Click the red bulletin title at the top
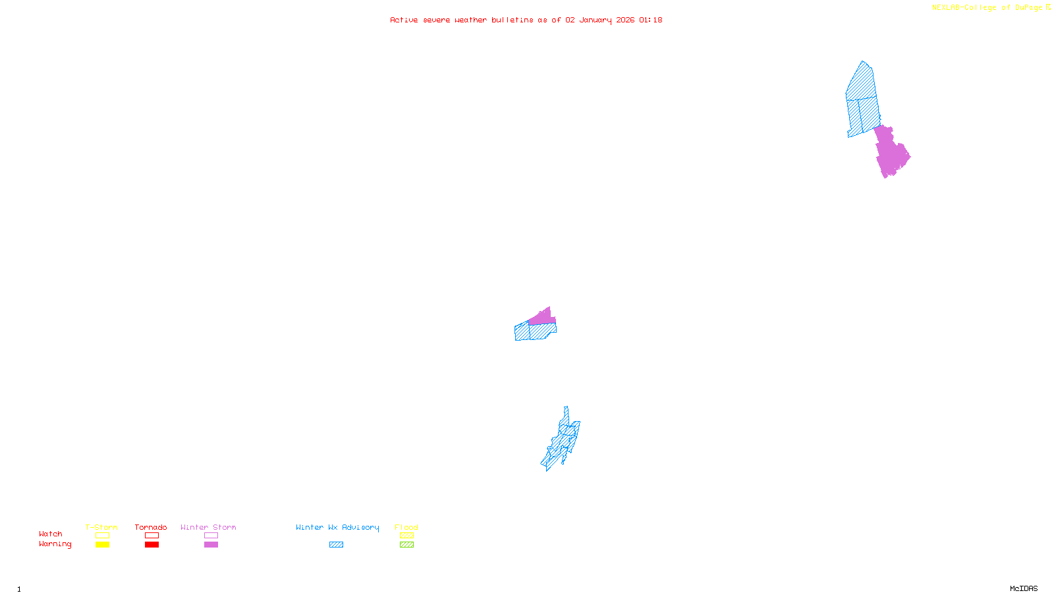point(526,20)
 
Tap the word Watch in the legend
point(51,534)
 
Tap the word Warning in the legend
point(55,544)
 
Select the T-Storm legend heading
point(101,527)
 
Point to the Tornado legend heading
point(151,527)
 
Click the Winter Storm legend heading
point(208,527)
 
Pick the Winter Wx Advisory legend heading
point(337,527)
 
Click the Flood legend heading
point(406,527)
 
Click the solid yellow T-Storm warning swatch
point(102,545)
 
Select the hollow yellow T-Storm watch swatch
point(102,536)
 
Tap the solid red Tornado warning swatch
point(152,545)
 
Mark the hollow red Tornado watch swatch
point(152,536)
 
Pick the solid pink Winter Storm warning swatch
point(211,545)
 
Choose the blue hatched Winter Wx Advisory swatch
point(336,545)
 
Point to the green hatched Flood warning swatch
point(406,545)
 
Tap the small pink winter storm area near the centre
point(543,318)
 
